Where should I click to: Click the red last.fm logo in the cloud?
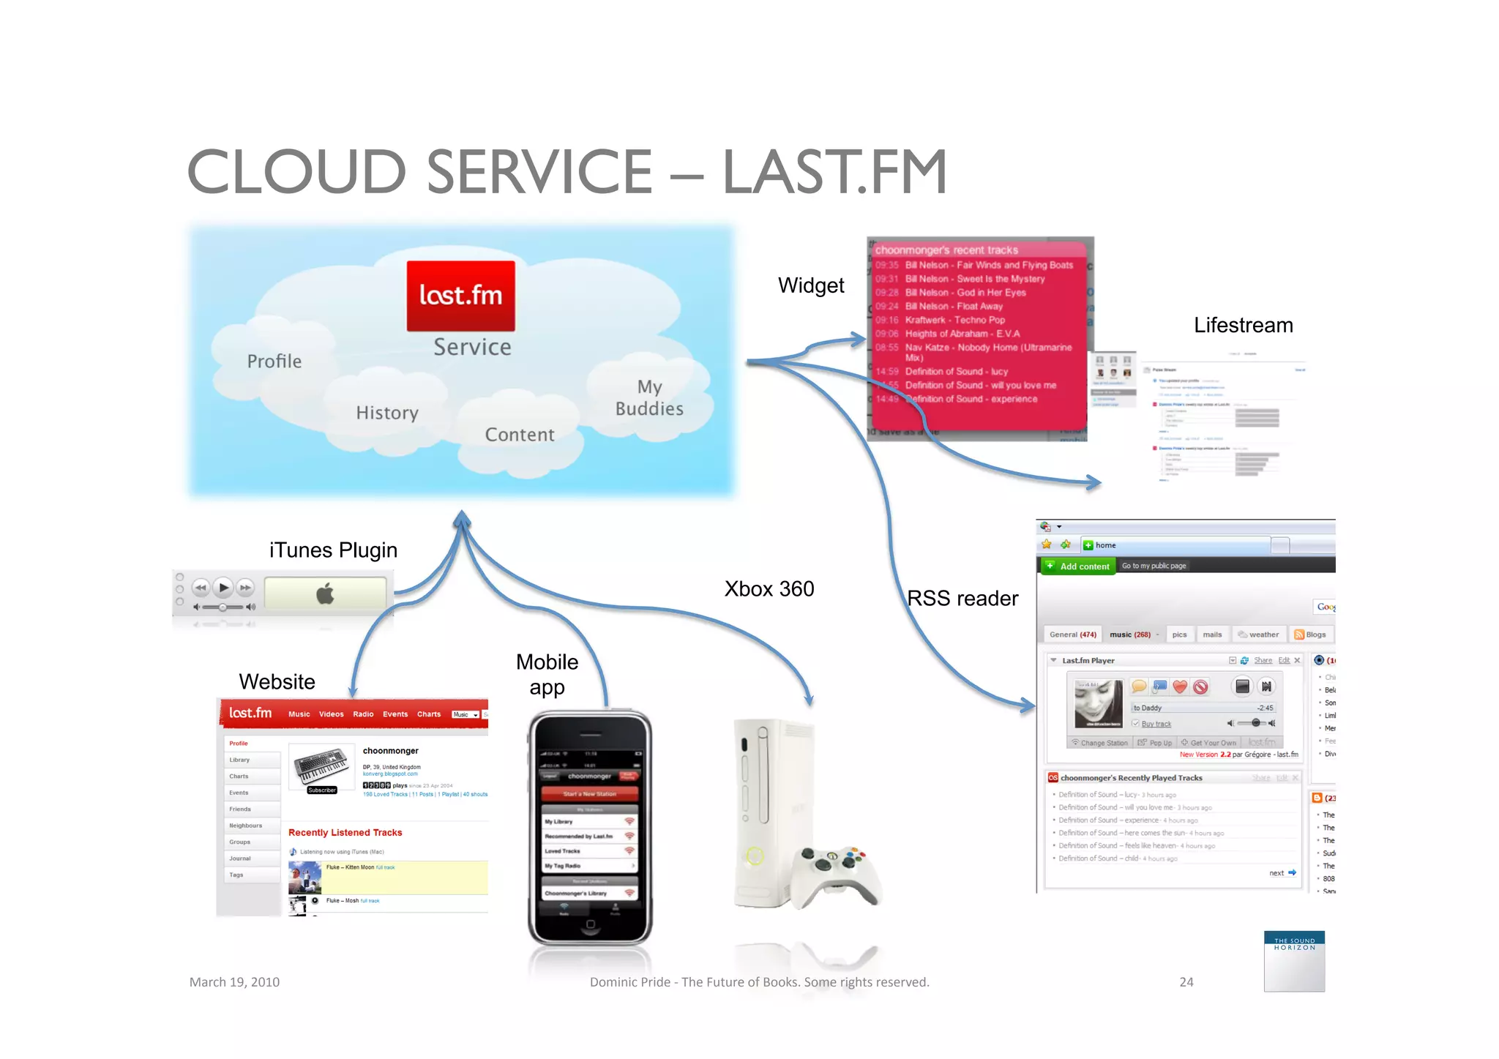point(460,296)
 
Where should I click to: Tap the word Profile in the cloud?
point(274,362)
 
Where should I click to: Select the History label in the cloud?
point(387,413)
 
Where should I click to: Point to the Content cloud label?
point(520,435)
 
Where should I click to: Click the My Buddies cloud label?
point(649,397)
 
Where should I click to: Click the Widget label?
point(811,285)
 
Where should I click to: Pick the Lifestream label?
point(1243,325)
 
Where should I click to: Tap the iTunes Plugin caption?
point(333,550)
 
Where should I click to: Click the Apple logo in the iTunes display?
point(325,594)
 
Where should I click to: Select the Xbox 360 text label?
point(769,589)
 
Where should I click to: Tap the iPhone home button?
point(590,924)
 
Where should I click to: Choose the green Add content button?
point(1078,566)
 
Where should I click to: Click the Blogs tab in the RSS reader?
point(1311,635)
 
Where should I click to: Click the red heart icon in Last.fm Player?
point(1180,686)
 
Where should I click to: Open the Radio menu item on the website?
point(363,714)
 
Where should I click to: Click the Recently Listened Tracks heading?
point(345,833)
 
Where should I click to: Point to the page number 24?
point(1186,982)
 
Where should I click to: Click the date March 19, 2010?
point(234,982)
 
